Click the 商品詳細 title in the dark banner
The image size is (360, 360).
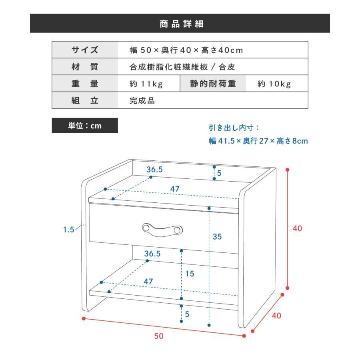pos(181,24)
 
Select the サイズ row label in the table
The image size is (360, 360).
pos(85,50)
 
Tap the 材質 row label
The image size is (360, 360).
pos(85,67)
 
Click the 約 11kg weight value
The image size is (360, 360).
pos(146,84)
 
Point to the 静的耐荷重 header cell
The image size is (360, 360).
pos(213,84)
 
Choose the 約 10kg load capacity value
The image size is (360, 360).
pos(274,84)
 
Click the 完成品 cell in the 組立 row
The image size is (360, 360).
pos(142,100)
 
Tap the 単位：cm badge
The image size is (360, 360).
pos(85,126)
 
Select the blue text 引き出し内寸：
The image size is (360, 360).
pos(234,128)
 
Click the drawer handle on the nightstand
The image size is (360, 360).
pos(162,230)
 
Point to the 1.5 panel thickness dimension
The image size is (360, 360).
pos(69,229)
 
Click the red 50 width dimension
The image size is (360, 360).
pos(159,336)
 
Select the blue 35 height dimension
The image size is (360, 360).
pos(217,236)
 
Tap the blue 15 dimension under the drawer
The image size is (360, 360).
pos(190,274)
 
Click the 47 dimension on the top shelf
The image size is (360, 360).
pos(175,189)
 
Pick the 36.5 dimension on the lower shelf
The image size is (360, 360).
pos(152,254)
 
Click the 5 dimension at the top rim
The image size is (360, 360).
pos(219,173)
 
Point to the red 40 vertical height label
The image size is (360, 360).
pos(297,228)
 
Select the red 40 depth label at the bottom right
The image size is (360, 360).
pos(276,316)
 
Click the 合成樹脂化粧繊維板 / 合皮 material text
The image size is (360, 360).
pos(182,67)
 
